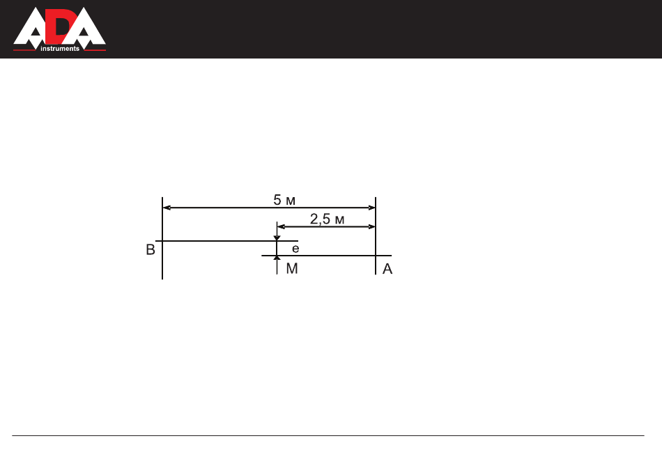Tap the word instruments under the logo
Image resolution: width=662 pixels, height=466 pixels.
click(x=60, y=49)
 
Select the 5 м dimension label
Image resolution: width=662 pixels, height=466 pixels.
click(x=284, y=200)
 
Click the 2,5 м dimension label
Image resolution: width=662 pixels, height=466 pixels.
click(x=328, y=219)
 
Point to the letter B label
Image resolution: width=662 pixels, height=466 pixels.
click(x=151, y=249)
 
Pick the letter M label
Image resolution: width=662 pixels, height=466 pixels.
click(x=292, y=268)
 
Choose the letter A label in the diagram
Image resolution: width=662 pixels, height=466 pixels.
click(x=387, y=269)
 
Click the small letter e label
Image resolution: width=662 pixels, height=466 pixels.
click(x=295, y=249)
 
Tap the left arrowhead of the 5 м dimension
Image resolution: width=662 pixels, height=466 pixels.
click(x=167, y=208)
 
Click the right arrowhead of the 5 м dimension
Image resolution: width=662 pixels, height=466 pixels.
click(x=371, y=208)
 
